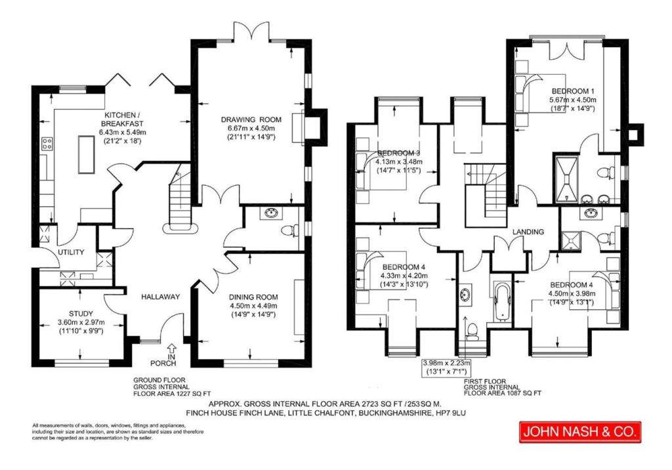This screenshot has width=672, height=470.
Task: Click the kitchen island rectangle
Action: pos(86,154)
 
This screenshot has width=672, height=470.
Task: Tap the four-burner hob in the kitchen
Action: pos(47,144)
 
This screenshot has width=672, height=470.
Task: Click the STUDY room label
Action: pos(81,314)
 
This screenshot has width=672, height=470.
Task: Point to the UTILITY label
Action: pos(71,252)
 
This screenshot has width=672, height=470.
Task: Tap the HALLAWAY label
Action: pos(161,297)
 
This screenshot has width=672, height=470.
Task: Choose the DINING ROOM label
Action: pos(253,297)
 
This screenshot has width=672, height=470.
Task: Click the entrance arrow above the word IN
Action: pos(172,348)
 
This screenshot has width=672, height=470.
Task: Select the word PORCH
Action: pos(163,364)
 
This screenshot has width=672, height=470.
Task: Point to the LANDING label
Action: pos(528,232)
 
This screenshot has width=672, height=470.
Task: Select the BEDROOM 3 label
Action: pos(398,153)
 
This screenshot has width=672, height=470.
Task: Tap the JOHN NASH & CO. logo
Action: pos(580,431)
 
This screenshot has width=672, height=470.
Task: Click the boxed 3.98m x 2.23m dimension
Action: pos(447,368)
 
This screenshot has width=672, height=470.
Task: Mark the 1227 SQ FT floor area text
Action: pos(191,393)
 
